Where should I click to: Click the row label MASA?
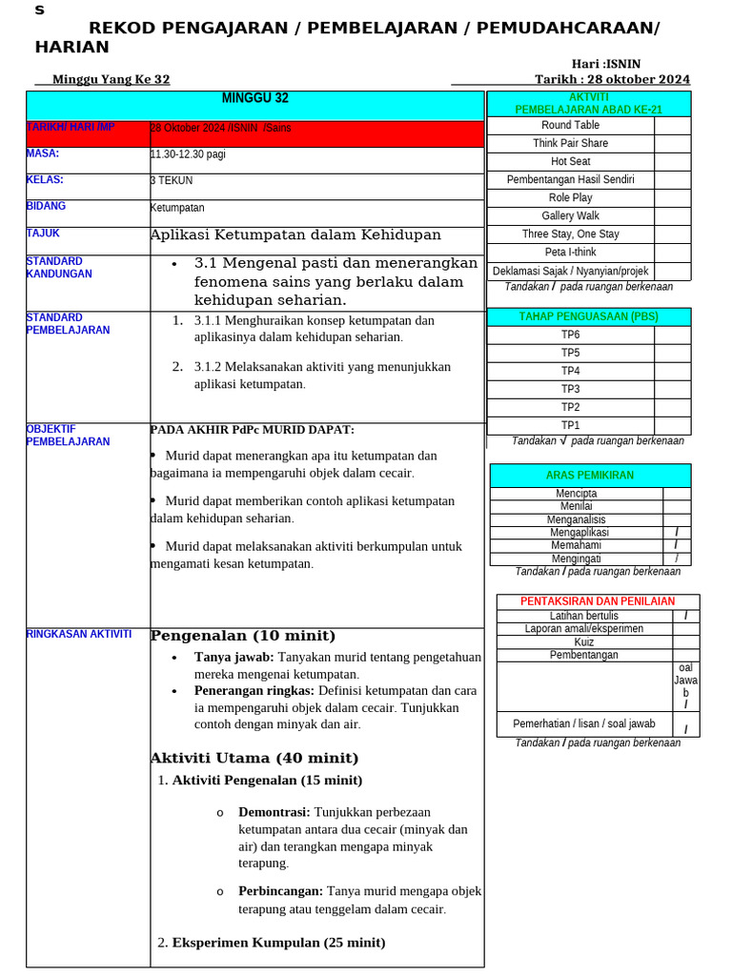(43, 153)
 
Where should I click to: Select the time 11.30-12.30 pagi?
(188, 153)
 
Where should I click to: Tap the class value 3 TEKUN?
(172, 180)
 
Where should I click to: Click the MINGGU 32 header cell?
(254, 98)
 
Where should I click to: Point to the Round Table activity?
(570, 125)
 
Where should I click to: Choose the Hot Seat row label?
(570, 161)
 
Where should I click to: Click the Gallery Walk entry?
(570, 215)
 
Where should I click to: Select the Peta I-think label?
(570, 253)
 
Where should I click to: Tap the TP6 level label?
(570, 335)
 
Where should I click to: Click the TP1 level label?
(570, 425)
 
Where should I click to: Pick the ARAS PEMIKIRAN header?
(589, 475)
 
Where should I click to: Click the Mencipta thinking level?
(576, 494)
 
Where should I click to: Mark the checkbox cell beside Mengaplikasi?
(676, 533)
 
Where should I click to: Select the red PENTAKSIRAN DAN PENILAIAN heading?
(598, 601)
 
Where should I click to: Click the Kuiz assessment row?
(583, 642)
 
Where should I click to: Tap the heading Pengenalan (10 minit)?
(243, 636)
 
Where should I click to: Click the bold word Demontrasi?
(274, 812)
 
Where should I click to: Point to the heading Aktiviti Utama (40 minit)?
(254, 759)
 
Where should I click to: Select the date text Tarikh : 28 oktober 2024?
(612, 79)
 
